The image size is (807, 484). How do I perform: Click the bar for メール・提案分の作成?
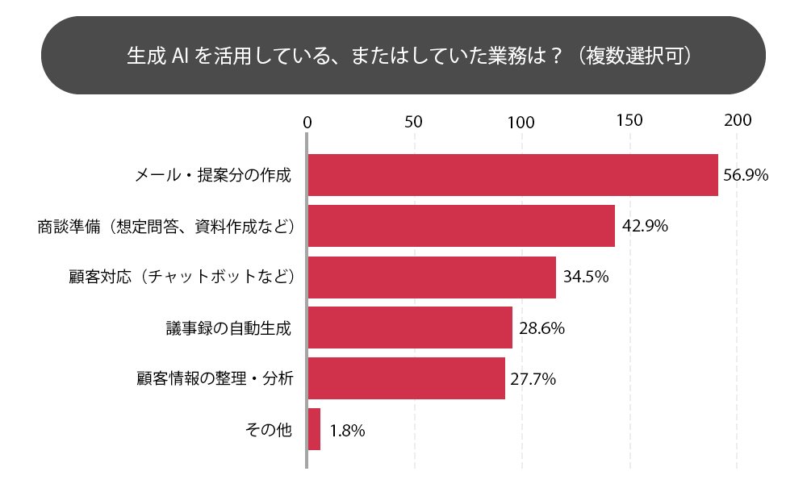click(512, 174)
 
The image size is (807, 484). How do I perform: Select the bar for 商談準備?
click(461, 226)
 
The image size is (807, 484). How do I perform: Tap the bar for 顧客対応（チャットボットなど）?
click(432, 277)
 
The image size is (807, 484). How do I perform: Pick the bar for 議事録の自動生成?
click(410, 328)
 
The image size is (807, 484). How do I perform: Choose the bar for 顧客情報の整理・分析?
click(406, 378)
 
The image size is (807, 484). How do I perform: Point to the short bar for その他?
click(314, 429)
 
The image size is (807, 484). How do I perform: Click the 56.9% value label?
click(745, 175)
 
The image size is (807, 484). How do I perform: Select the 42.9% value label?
click(645, 227)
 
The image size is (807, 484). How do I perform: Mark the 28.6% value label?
click(541, 328)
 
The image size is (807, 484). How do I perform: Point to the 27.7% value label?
click(533, 379)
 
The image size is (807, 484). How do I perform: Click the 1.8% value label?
click(348, 431)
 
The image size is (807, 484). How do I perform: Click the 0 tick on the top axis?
click(307, 123)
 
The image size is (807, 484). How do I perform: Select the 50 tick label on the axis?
click(414, 123)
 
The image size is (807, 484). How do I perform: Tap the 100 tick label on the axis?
click(521, 123)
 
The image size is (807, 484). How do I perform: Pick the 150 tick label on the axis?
click(629, 122)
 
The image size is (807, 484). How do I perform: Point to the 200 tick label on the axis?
click(738, 122)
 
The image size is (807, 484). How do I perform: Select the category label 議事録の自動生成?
click(227, 328)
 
